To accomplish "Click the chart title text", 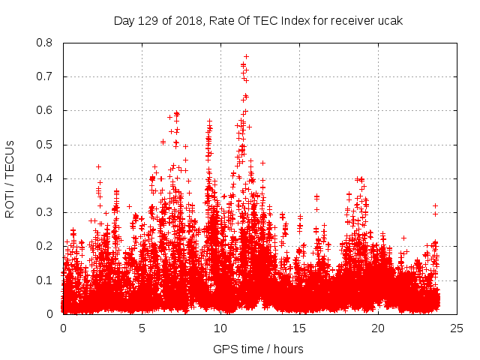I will tap(258, 21).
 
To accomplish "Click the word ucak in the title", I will tap(389, 21).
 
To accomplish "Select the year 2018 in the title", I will tap(184, 21).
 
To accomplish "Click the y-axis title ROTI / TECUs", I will tap(10, 178).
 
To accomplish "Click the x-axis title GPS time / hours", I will tap(258, 349).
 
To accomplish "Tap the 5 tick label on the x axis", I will tap(142, 328).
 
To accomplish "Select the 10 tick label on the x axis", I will tap(220, 328).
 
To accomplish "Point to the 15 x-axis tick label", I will tap(299, 328).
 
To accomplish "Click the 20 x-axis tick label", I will tap(378, 328).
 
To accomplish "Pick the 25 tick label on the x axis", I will tap(457, 328).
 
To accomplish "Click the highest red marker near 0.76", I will tap(246, 56).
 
